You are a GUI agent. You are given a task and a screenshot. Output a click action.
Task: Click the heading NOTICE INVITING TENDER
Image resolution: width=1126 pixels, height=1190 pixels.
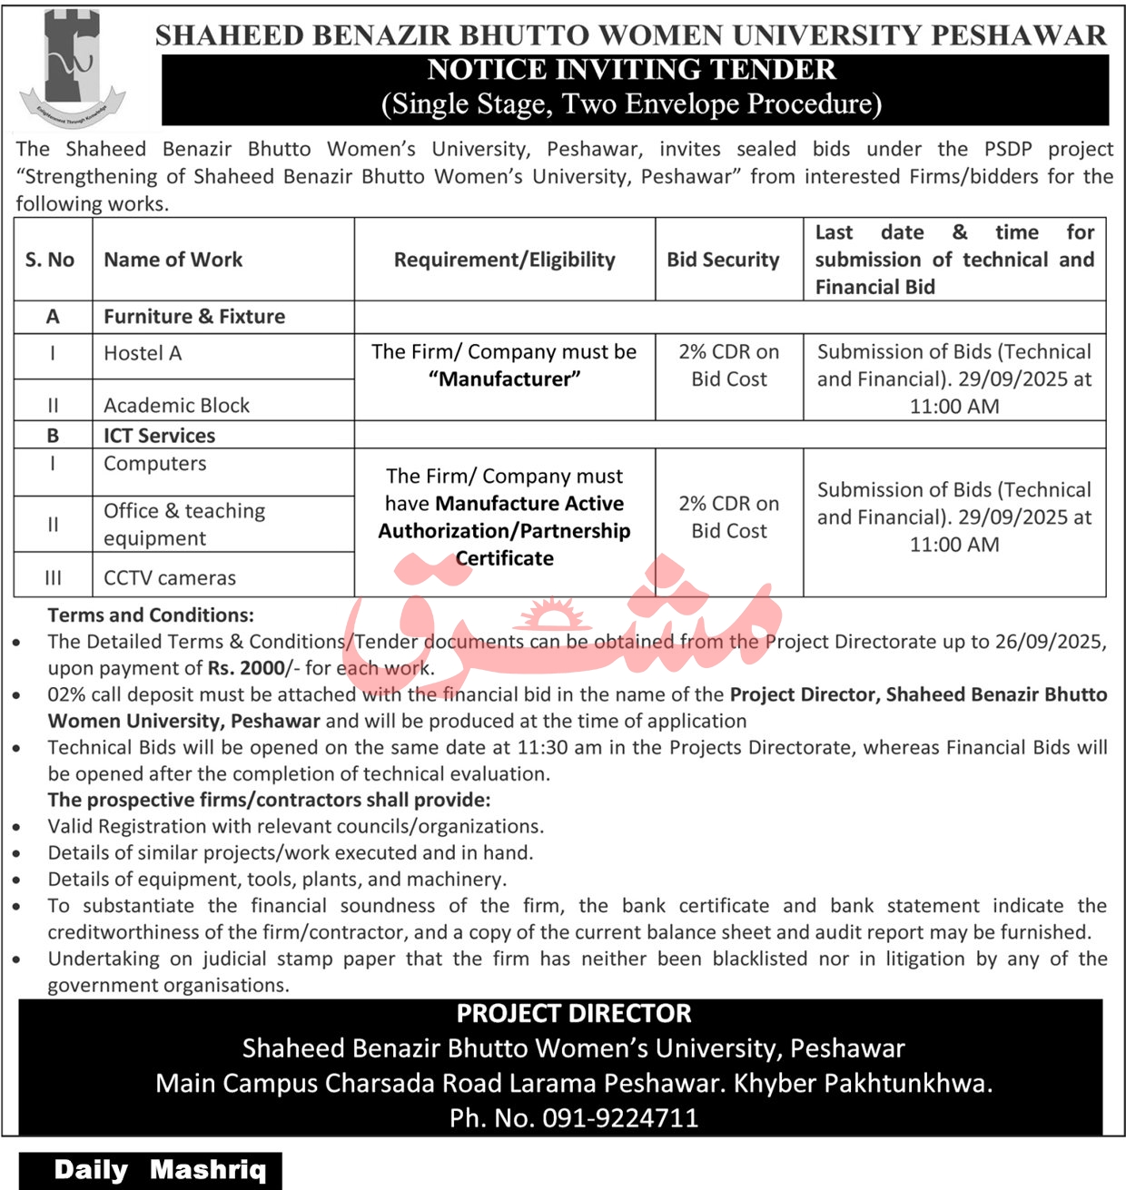pos(631,70)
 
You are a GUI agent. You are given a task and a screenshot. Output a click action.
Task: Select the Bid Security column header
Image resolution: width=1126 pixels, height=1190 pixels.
pos(723,260)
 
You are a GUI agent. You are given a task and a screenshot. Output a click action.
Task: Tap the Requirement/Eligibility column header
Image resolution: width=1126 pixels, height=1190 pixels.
pos(504,260)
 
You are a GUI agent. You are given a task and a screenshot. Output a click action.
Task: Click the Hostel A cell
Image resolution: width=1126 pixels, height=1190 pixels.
pos(143,353)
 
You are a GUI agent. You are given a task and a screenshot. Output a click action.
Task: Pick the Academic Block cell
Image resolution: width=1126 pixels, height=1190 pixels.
pos(176,405)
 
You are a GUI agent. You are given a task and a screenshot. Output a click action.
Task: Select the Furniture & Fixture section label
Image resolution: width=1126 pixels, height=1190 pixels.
pos(194,316)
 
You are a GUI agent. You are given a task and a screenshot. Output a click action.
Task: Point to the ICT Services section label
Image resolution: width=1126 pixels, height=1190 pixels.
pos(159,435)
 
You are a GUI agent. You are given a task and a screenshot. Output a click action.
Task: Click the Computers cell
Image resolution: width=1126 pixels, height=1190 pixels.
pos(155,463)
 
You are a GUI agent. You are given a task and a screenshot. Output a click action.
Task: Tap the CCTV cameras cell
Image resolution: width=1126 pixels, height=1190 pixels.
pos(170,577)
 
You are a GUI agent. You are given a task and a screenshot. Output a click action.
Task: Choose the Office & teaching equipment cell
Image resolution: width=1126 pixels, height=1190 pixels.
pos(184,524)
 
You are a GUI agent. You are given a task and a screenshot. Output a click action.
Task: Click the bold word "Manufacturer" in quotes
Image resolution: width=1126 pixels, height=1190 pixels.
pos(505,379)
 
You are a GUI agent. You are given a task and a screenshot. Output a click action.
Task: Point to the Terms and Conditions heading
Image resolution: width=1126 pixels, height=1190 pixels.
pos(151,615)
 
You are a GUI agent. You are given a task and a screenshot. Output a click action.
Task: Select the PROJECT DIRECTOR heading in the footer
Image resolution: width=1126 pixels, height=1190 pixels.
pos(574,1013)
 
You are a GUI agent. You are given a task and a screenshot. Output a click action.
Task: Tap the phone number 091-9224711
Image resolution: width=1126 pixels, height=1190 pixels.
pos(620,1117)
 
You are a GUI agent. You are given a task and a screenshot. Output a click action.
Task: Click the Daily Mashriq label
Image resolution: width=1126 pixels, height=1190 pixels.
pos(160,1169)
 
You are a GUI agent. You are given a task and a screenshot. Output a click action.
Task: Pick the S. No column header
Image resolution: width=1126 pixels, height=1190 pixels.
pos(50,260)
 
